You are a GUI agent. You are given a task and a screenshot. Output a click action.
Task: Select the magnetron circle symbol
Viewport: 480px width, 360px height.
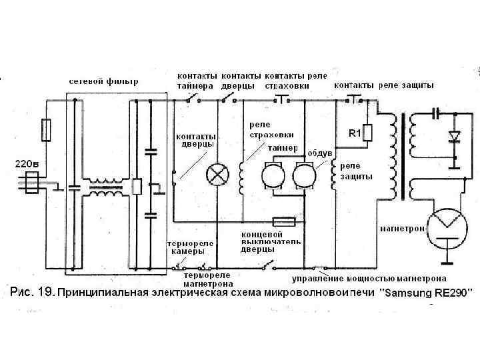click(x=447, y=225)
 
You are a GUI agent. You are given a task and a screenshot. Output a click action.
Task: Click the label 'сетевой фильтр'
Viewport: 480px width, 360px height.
click(x=104, y=82)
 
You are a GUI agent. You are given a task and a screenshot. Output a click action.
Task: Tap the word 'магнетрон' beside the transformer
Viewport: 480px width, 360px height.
click(x=402, y=228)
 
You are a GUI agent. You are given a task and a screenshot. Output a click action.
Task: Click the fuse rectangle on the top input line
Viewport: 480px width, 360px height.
click(x=46, y=130)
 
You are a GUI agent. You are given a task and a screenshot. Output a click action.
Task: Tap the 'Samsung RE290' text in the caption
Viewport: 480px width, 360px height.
click(x=427, y=293)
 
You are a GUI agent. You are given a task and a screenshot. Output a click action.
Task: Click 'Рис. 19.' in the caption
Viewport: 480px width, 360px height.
click(x=31, y=292)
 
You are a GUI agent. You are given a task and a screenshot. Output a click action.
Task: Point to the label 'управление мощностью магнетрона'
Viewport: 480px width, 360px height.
click(x=369, y=278)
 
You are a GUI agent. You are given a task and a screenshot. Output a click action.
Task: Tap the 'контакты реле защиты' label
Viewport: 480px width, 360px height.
click(x=384, y=85)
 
